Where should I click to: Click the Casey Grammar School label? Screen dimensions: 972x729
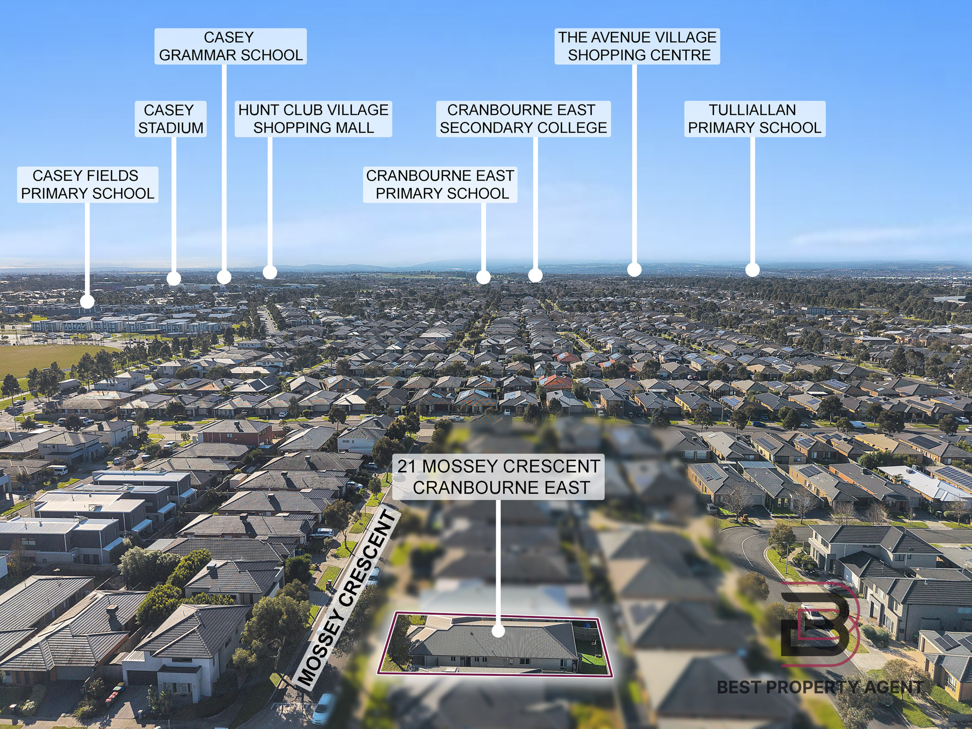point(230,46)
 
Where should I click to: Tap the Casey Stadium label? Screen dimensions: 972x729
point(171,119)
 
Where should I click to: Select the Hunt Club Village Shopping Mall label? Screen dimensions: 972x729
point(313,119)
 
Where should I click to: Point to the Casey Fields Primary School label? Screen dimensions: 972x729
point(87,185)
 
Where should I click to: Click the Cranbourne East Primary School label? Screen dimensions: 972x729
point(440,185)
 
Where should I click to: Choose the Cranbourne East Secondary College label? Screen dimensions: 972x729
point(523,119)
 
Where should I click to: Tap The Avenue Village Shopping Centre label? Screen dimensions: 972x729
point(637,46)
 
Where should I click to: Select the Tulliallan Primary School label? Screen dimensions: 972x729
point(755,119)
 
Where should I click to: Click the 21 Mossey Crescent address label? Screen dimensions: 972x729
point(499,477)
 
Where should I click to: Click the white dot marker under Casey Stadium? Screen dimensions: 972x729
point(174,278)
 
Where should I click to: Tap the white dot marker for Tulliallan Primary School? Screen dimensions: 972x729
point(752,270)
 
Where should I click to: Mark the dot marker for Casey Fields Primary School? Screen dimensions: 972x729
point(87,302)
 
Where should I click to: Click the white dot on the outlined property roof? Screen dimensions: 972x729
point(498,631)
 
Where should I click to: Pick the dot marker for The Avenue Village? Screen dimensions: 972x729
point(634,269)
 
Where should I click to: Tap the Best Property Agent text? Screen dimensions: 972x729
point(820,687)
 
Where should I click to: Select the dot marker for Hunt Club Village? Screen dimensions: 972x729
point(270,272)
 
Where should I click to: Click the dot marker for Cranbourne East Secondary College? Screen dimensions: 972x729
point(535,275)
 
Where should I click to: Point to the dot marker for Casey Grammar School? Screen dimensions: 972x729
point(224,277)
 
